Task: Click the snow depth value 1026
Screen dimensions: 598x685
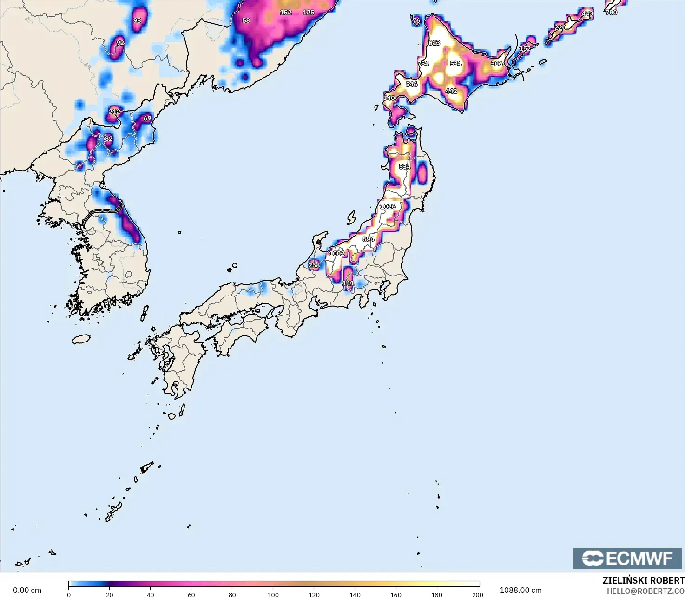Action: pos(388,206)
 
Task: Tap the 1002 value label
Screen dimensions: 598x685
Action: pos(337,253)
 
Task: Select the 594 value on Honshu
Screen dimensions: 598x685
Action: pos(369,239)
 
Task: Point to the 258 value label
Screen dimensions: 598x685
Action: pos(314,265)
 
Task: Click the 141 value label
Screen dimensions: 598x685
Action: pos(348,283)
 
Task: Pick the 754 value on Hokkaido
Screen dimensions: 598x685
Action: pos(423,64)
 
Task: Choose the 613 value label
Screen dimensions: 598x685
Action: pos(435,43)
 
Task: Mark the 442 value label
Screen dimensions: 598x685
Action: pos(451,91)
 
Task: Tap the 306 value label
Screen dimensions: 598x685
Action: pos(497,64)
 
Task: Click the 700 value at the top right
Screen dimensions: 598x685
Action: pos(612,13)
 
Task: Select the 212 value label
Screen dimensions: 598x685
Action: pos(114,112)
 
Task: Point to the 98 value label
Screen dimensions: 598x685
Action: pos(137,20)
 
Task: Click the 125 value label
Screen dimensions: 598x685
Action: pos(309,13)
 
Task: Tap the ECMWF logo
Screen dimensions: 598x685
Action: pos(627,558)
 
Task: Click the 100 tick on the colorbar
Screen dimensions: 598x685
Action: pos(273,594)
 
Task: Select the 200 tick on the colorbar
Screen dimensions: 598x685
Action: pos(477,594)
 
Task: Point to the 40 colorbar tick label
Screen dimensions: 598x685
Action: pos(151,594)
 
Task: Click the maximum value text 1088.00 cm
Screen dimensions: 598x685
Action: pos(520,590)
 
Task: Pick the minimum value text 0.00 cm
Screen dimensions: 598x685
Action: pos(27,590)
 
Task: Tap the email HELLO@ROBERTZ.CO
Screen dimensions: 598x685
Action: pos(645,591)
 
